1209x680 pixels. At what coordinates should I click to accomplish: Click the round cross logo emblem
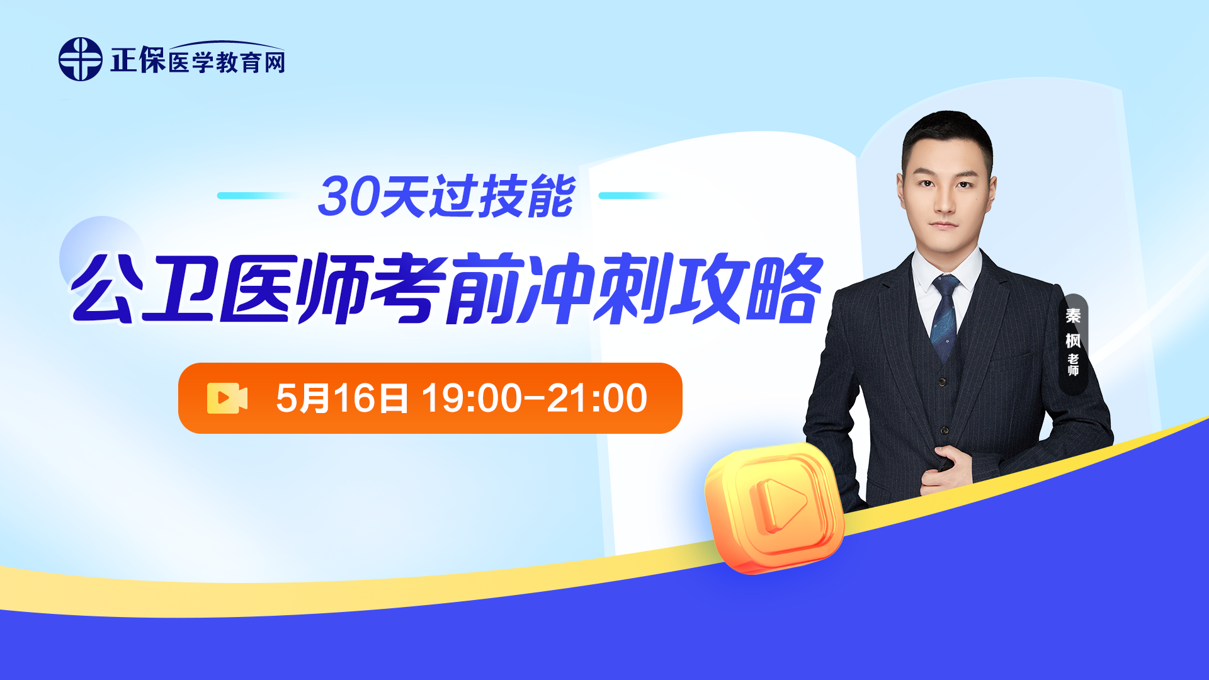coord(80,59)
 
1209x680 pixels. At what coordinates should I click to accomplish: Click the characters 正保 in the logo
coord(138,60)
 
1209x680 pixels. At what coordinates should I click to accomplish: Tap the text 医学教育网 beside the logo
coord(227,62)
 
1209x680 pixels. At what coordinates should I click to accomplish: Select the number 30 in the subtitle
coord(347,196)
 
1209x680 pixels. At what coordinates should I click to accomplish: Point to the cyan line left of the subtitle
coord(258,195)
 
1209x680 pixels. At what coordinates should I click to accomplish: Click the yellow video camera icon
coord(227,398)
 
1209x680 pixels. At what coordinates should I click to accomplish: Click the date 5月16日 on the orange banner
coord(342,398)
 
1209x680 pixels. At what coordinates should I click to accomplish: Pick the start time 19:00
coord(472,398)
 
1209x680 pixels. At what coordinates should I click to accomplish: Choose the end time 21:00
coord(597,398)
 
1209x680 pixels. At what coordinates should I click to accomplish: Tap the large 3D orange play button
coord(774,507)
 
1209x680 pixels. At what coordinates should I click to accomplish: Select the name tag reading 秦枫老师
coord(1073,343)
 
